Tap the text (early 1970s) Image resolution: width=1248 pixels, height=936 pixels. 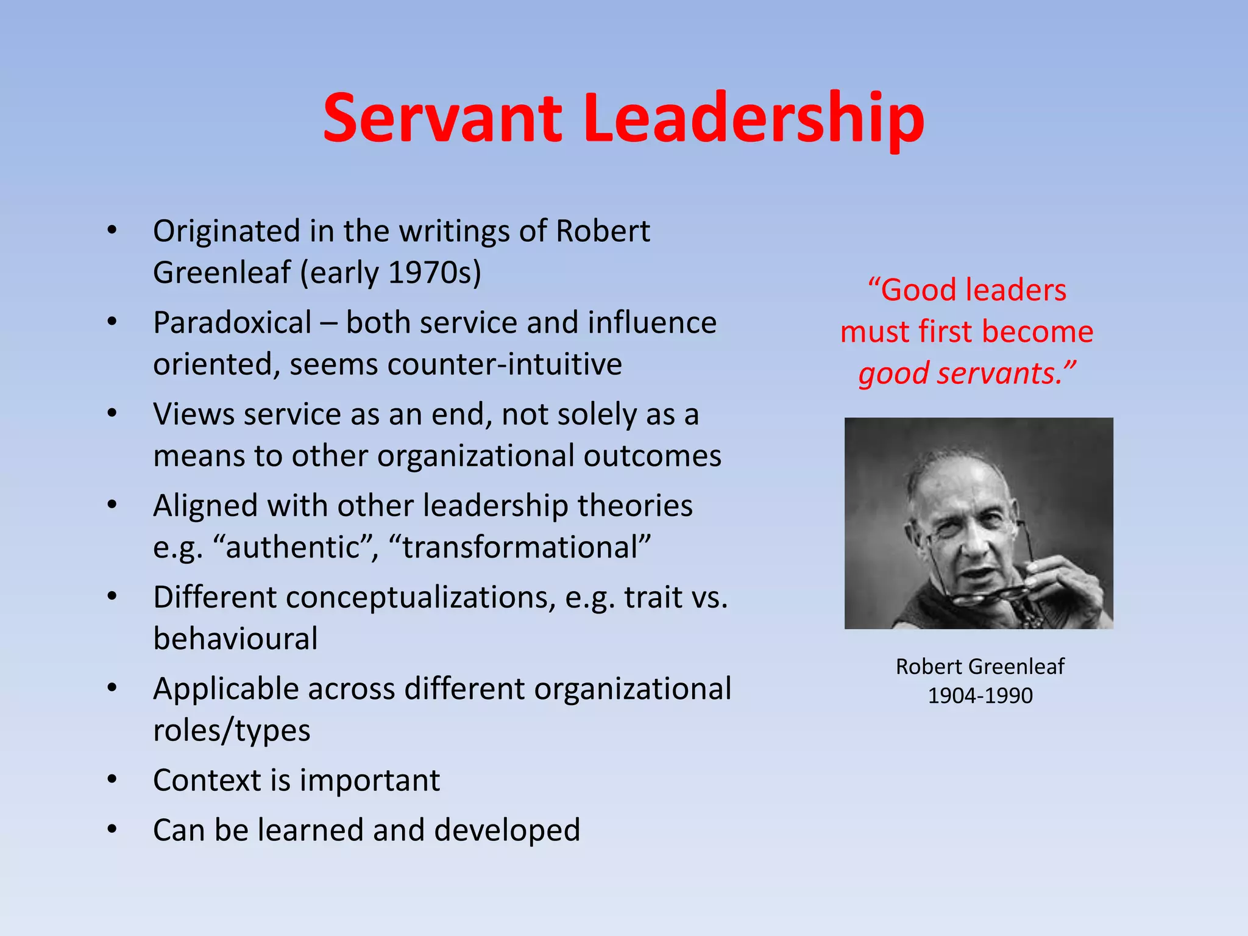pos(390,272)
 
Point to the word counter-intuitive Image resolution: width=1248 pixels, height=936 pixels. pos(504,364)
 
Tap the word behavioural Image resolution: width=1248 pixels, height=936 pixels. pos(235,639)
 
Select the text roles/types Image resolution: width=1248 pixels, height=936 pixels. pos(232,730)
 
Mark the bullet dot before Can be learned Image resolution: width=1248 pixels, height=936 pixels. pos(112,829)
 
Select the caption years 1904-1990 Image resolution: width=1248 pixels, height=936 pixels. pos(980,695)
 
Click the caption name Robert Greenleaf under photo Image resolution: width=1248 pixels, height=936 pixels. pos(980,666)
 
